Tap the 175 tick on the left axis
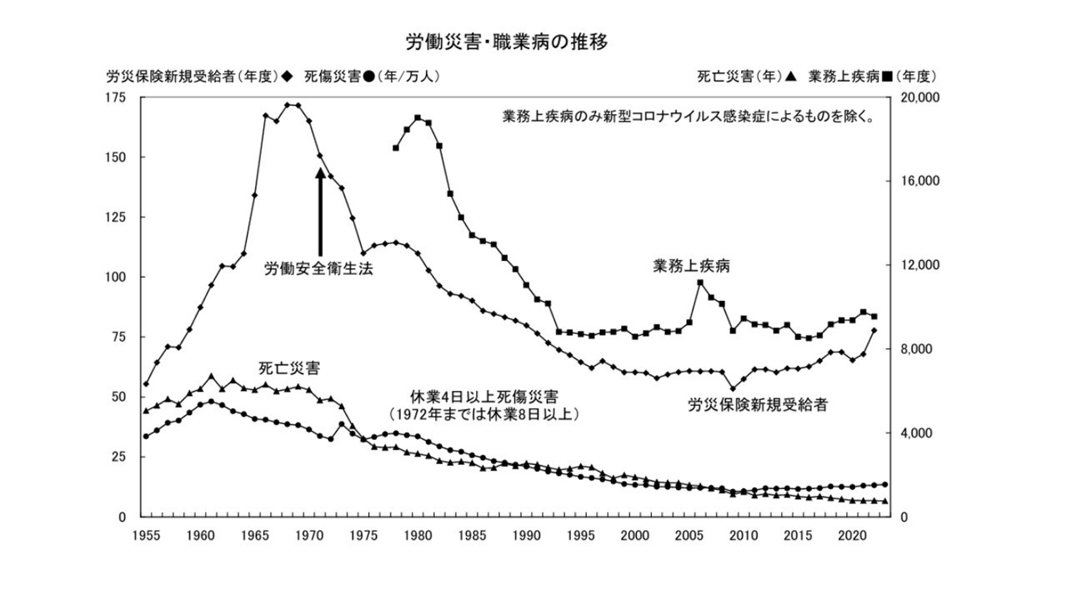coord(115,97)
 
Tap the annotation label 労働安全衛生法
coord(318,269)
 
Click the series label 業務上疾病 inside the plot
coord(691,267)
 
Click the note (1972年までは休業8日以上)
coord(483,413)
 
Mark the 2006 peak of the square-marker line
coord(700,282)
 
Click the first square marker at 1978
coord(396,147)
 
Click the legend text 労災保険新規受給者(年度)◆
coord(199,77)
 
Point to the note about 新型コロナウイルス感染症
coord(689,117)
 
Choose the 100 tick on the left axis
coord(115,277)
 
